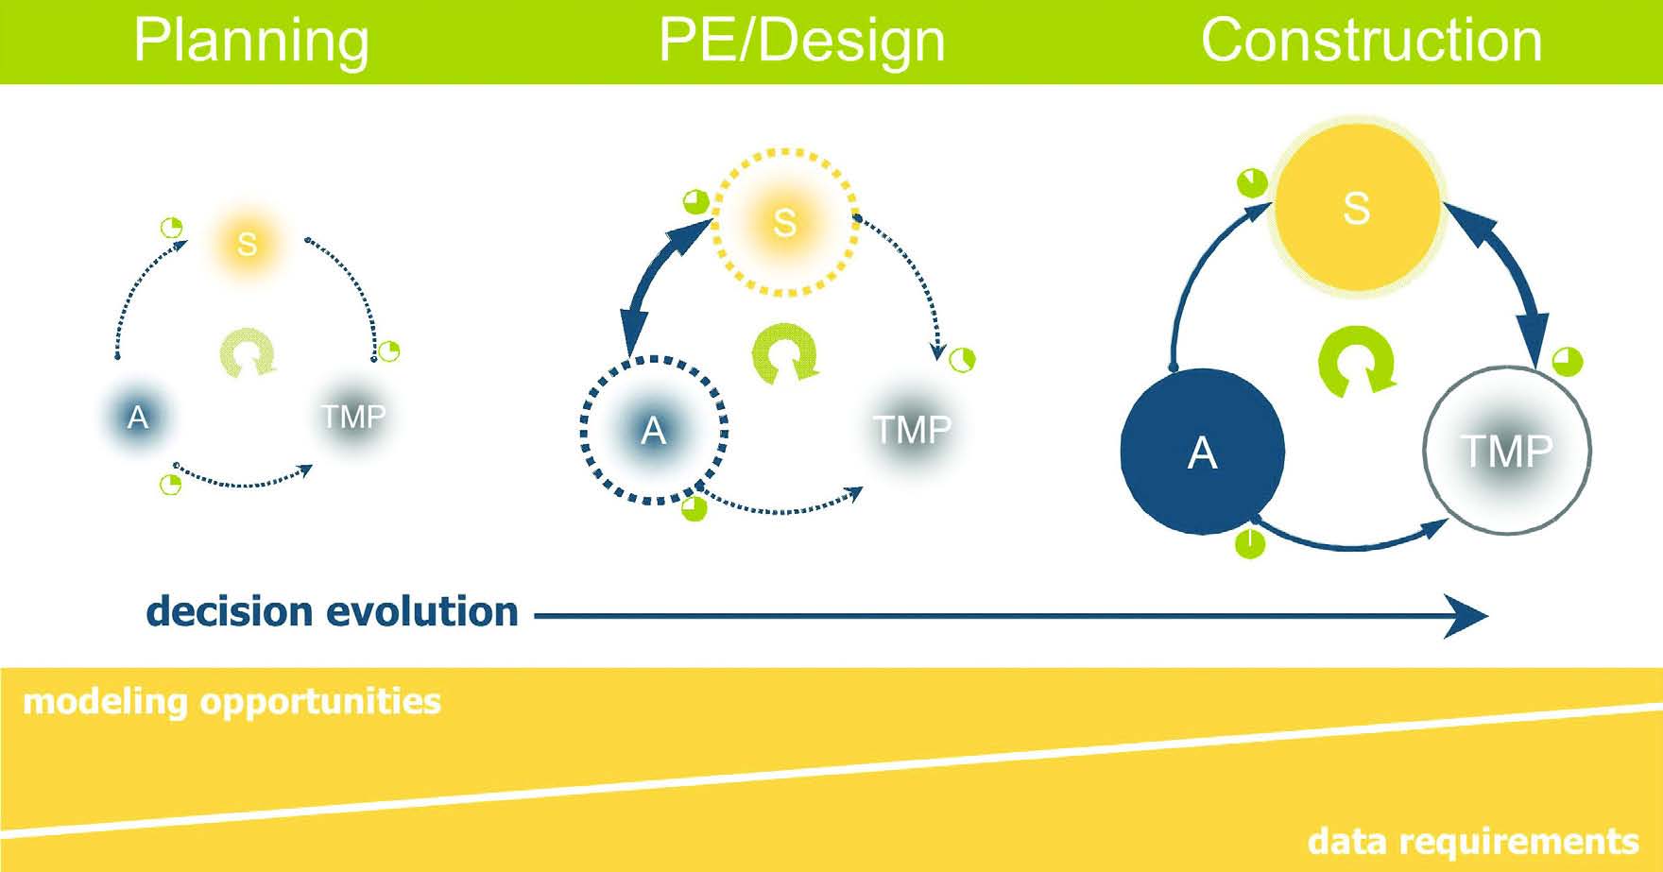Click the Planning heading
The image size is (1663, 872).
pyautogui.click(x=251, y=41)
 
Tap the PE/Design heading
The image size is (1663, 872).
pyautogui.click(x=801, y=41)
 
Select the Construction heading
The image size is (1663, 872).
pyautogui.click(x=1371, y=41)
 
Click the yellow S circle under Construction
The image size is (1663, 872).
pyautogui.click(x=1357, y=208)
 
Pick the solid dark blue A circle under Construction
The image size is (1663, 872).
pyautogui.click(x=1202, y=452)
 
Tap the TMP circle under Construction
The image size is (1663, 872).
pyautogui.click(x=1506, y=451)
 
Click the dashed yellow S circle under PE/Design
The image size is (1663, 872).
pyautogui.click(x=784, y=222)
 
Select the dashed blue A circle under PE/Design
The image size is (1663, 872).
pyautogui.click(x=654, y=431)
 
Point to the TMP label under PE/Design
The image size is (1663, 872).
pyautogui.click(x=912, y=430)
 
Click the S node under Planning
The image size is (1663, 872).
pyautogui.click(x=247, y=244)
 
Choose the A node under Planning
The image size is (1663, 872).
pyautogui.click(x=138, y=417)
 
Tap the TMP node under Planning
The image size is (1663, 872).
pyautogui.click(x=353, y=417)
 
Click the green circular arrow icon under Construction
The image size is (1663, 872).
pyautogui.click(x=1357, y=361)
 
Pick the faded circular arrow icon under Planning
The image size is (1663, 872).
pyautogui.click(x=248, y=353)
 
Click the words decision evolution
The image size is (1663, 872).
pyautogui.click(x=333, y=612)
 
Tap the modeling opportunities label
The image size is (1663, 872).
pyautogui.click(x=231, y=702)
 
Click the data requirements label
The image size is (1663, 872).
pyautogui.click(x=1472, y=841)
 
